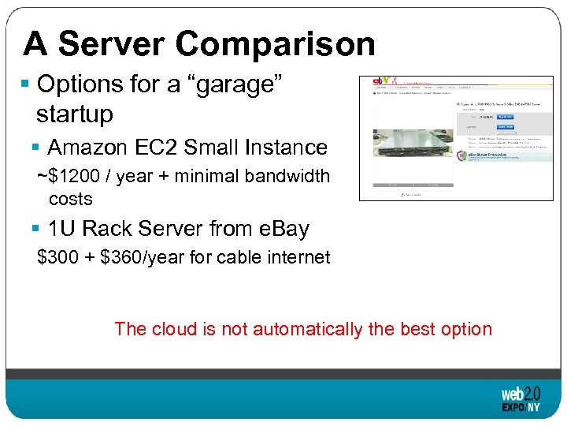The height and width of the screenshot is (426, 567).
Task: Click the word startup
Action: tap(75, 114)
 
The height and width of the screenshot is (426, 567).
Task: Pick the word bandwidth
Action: tap(287, 176)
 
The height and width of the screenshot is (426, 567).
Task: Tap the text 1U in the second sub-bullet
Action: tap(62, 229)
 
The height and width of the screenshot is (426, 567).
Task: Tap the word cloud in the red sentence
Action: tap(172, 329)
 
